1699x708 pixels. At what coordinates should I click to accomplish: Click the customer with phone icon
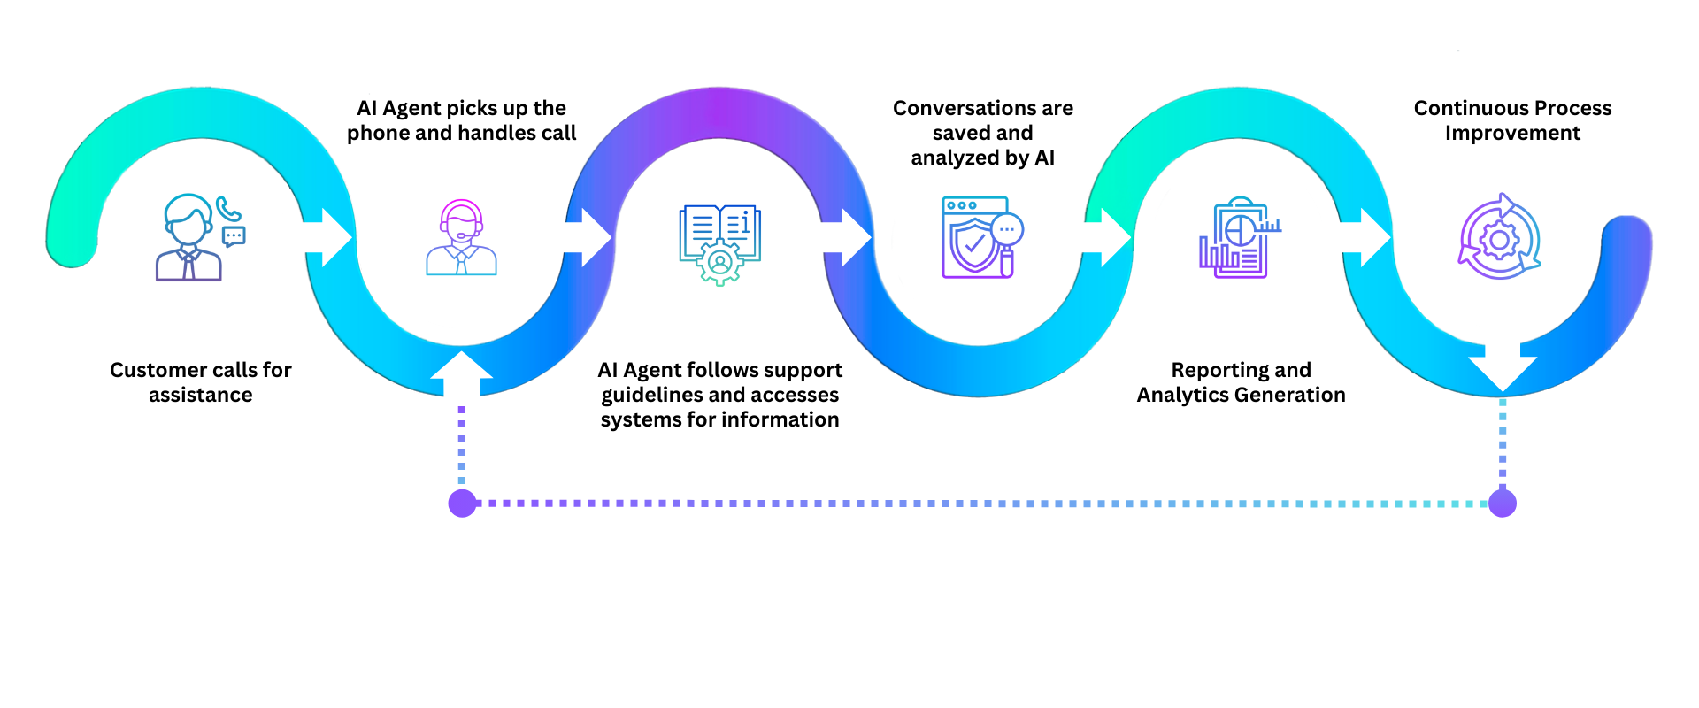(x=189, y=237)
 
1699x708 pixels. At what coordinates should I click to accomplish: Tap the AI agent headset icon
(x=461, y=237)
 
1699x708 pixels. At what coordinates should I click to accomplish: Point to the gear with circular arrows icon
(x=1499, y=237)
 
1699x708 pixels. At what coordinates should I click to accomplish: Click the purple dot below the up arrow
(x=462, y=504)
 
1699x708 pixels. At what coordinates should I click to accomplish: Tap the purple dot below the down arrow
(x=1503, y=504)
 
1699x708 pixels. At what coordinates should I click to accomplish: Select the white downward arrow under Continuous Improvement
(x=1503, y=372)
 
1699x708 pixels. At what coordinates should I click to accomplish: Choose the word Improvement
(x=1512, y=133)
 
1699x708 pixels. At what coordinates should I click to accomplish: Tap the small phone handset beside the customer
(x=228, y=209)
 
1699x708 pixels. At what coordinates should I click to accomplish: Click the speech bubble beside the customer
(x=234, y=236)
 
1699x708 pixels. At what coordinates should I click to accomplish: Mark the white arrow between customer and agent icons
(x=331, y=237)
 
